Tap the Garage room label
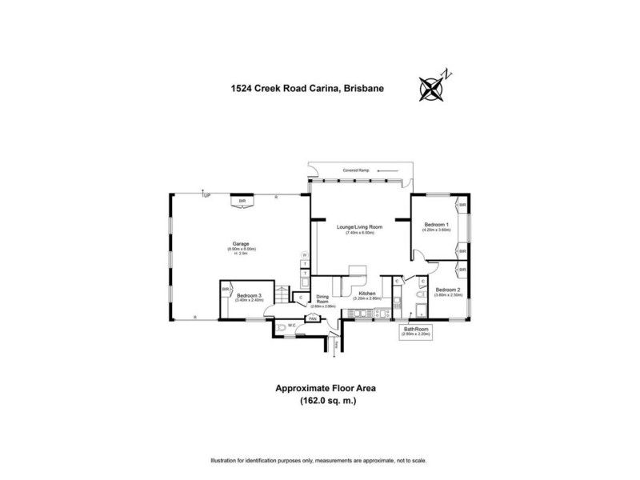coord(240,243)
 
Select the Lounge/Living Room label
coord(364,227)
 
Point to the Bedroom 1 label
coord(437,224)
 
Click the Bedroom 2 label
coord(448,290)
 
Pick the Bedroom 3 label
coord(250,296)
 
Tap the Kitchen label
coord(367,294)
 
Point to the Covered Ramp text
coord(354,170)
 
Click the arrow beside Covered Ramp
coord(387,170)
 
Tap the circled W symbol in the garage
coord(304,255)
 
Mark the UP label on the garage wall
coord(206,195)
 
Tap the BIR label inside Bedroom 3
coord(226,288)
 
